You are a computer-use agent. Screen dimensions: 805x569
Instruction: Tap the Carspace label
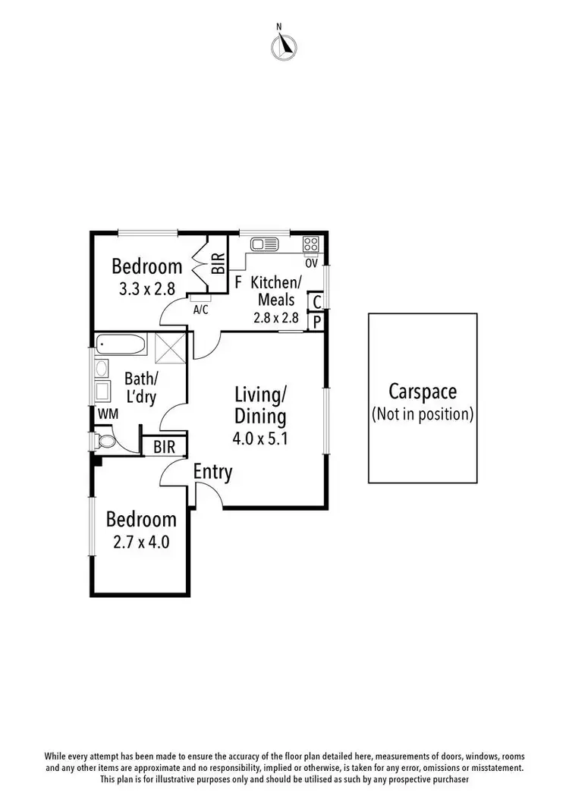(423, 391)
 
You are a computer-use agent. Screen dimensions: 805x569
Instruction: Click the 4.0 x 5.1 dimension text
(260, 438)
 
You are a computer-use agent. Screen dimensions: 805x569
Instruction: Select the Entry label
(212, 471)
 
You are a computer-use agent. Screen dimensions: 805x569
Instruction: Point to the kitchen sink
(265, 244)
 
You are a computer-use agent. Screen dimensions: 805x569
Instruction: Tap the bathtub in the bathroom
(121, 345)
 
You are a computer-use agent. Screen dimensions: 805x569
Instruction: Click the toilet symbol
(104, 441)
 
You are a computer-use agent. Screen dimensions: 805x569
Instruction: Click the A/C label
(201, 310)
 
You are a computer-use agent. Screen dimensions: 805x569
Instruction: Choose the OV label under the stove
(311, 263)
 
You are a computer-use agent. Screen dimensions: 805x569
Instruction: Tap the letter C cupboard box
(316, 302)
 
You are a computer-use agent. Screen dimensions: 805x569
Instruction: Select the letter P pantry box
(316, 322)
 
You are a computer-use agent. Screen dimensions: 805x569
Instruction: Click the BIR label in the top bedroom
(218, 264)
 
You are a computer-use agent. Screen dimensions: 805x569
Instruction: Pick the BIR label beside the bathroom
(164, 447)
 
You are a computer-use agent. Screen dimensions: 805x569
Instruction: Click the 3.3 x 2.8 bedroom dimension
(147, 288)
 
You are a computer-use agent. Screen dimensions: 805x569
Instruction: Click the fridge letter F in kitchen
(238, 282)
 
